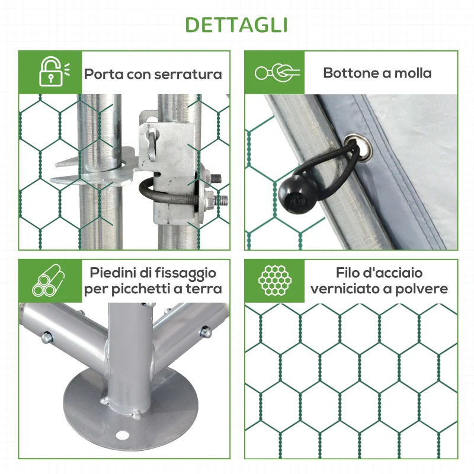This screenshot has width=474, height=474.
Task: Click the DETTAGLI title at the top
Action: pos(237,25)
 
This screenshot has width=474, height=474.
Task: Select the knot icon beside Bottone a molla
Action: pos(277,73)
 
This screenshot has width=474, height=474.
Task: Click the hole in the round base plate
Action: pos(123,435)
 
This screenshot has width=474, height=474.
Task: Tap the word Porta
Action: pos(104,74)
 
